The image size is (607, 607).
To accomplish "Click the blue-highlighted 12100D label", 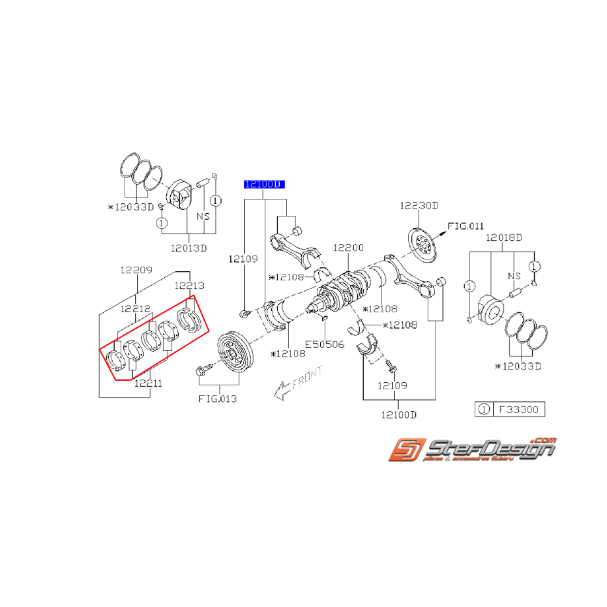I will click(264, 185).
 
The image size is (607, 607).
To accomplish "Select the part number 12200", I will click(348, 248).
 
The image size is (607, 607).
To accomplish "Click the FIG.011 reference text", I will click(466, 226).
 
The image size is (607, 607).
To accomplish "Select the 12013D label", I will click(188, 248).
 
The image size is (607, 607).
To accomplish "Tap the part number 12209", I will click(136, 269).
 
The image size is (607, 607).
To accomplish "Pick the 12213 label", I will click(189, 286).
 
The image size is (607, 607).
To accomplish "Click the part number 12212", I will click(135, 308).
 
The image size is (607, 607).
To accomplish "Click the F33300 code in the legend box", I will click(518, 410).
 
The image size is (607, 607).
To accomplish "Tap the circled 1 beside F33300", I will click(483, 410).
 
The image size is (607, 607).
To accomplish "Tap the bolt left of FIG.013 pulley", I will click(201, 371).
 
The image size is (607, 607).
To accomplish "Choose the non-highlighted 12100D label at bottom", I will click(400, 415).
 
